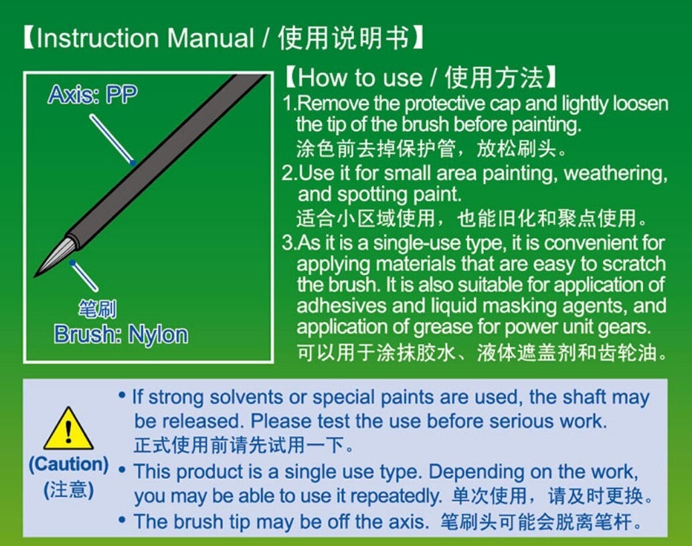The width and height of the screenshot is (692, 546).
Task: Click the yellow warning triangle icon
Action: point(68,429)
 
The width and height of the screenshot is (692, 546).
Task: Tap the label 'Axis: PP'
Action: point(92,94)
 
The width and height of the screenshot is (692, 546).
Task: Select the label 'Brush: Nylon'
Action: point(121,335)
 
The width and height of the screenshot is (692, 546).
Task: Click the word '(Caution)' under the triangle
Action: point(68,464)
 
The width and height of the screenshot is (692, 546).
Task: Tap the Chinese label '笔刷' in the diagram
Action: point(98,308)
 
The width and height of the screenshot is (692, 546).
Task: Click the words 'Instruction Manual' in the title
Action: point(145,38)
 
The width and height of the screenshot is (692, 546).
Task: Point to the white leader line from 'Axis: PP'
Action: point(111,139)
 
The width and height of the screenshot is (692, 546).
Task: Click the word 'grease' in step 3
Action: point(442,328)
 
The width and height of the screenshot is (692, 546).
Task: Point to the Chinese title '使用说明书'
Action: point(343,38)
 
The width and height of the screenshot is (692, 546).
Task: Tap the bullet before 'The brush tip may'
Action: point(122,519)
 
